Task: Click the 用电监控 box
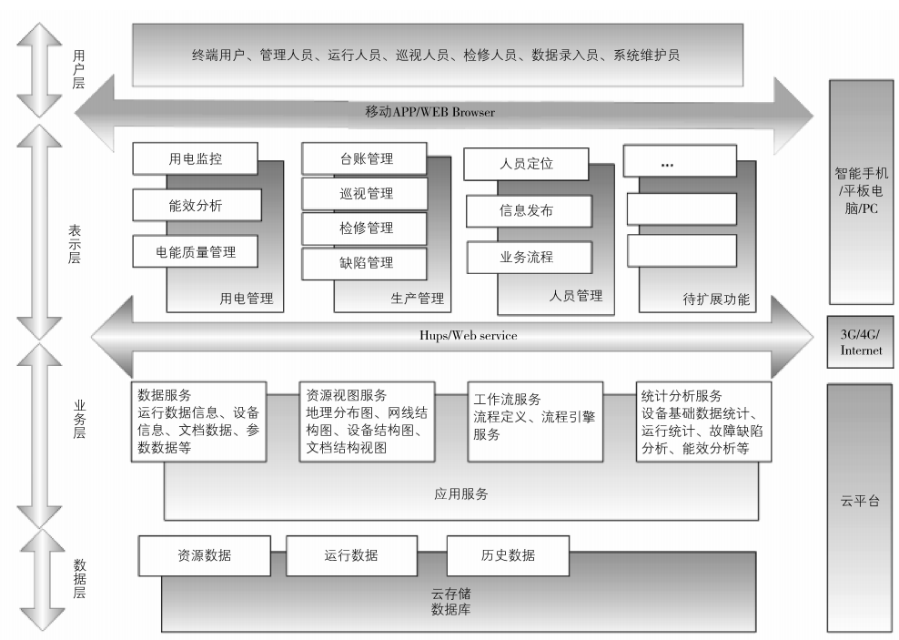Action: [x=196, y=158]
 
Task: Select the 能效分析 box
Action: [x=196, y=206]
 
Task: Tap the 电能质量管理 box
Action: [x=196, y=251]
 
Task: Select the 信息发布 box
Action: [x=527, y=210]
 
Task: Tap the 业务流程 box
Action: [x=527, y=257]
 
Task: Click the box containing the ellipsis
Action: [x=680, y=162]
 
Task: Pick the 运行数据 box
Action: [x=350, y=555]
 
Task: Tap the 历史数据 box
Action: [x=508, y=555]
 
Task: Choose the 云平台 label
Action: [x=861, y=501]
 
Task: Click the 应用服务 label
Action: [x=461, y=494]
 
